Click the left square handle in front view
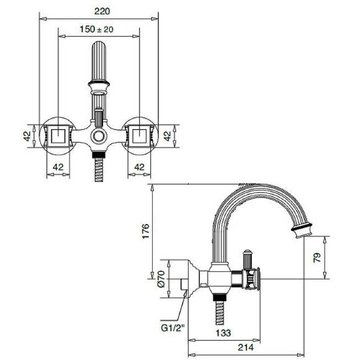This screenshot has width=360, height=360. point(57,135)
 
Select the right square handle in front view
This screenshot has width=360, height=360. point(138,135)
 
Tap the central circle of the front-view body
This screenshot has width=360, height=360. point(98,137)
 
